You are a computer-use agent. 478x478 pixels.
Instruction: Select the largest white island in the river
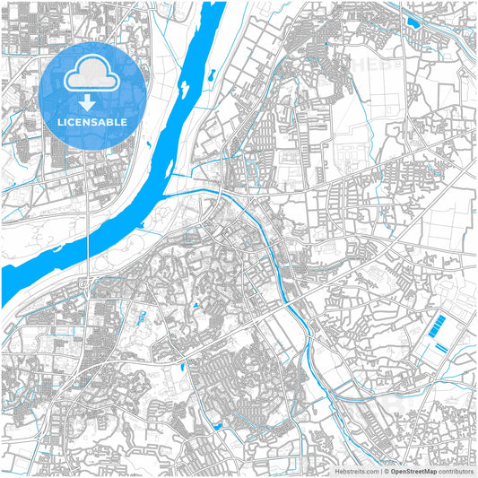[x=185, y=87]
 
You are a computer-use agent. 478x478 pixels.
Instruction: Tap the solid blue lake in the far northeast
[x=413, y=22]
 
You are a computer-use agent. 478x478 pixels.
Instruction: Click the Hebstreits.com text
[x=354, y=470]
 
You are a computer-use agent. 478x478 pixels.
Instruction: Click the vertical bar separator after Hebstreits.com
[x=380, y=470]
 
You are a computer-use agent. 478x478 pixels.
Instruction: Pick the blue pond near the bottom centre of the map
[x=218, y=424]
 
